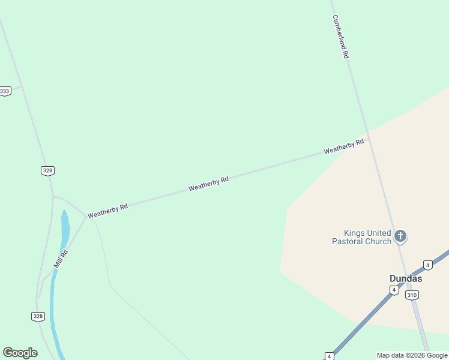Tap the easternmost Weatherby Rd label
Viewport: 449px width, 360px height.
coord(344,146)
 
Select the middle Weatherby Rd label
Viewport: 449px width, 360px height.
coord(208,184)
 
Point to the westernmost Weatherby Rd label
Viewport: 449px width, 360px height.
coord(107,211)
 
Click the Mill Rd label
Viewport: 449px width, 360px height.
coord(61,259)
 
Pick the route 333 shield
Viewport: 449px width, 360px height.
coord(5,91)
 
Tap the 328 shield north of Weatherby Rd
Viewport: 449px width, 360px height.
coord(48,170)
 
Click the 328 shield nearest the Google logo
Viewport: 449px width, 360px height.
coord(38,316)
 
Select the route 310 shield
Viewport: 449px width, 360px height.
coord(412,295)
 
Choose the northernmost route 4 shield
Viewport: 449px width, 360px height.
coord(427,265)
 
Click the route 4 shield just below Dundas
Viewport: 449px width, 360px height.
coord(394,290)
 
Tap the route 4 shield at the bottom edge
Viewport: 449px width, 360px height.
coord(329,356)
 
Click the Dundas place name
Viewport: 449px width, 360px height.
coord(406,278)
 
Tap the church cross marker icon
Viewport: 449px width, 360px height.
coord(400,236)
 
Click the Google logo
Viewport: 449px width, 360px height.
coord(20,353)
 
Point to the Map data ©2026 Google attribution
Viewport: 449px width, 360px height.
coord(412,355)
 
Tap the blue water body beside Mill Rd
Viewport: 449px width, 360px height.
coord(64,228)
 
